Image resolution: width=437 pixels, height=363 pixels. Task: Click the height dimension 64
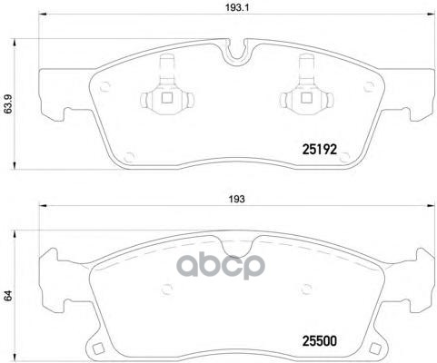8,294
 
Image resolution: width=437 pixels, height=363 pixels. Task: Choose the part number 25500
321,343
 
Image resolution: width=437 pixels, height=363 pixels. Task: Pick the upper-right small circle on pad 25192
369,87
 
